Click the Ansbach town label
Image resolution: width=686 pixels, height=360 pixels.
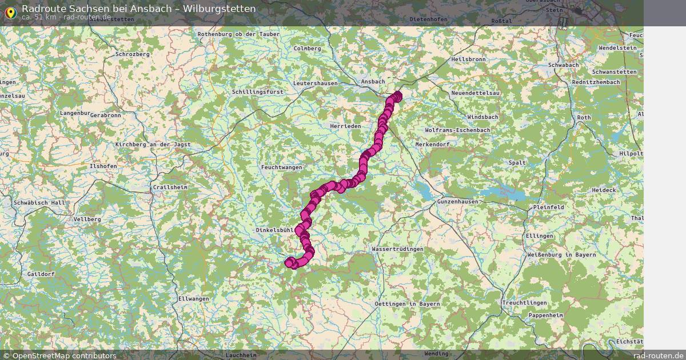pyautogui.click(x=373, y=82)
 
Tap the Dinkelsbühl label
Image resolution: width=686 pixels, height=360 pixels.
pyautogui.click(x=274, y=230)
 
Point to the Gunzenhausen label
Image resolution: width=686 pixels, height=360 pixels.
pyautogui.click(x=457, y=202)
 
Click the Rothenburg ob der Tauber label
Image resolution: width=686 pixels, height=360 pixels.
pyautogui.click(x=238, y=34)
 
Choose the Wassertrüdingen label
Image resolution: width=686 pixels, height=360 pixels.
pyautogui.click(x=397, y=250)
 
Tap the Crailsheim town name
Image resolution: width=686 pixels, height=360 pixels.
pyautogui.click(x=170, y=187)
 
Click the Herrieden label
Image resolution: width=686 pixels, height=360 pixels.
pyautogui.click(x=345, y=126)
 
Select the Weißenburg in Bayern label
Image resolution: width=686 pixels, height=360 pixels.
pyautogui.click(x=561, y=255)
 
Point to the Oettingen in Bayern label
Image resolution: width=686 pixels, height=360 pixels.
pyautogui.click(x=408, y=304)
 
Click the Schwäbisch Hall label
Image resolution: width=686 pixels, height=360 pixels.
pyautogui.click(x=38, y=203)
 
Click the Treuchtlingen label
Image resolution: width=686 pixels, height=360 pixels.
pyautogui.click(x=524, y=303)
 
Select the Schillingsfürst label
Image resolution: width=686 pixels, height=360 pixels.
pyautogui.click(x=257, y=91)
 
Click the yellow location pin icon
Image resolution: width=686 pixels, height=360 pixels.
pyautogui.click(x=10, y=13)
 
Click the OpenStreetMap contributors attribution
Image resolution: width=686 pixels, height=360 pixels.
pyautogui.click(x=59, y=355)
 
